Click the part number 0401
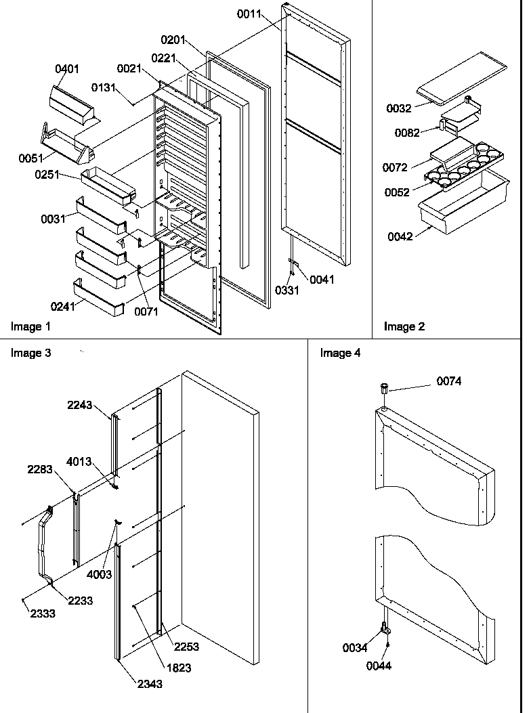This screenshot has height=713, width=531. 68,68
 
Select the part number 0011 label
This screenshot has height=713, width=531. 249,13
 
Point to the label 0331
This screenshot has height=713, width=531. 286,290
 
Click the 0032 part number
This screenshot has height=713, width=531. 399,108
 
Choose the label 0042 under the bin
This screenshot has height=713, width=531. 400,236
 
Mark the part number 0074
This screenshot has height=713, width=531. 449,382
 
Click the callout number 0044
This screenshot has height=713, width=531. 379,666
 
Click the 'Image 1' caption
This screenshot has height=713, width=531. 30,327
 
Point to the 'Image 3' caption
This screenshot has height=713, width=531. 30,353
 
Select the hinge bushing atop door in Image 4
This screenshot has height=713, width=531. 384,391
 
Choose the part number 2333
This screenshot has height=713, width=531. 43,613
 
